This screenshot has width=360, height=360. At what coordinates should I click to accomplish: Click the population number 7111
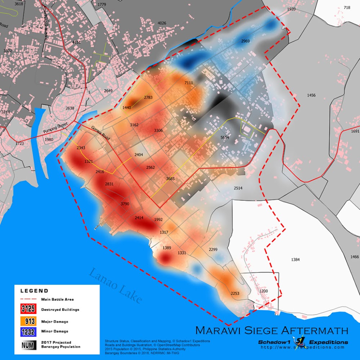(x=189, y=83)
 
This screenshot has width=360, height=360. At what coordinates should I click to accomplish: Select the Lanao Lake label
(x=116, y=285)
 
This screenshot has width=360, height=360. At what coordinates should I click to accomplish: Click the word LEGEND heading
(x=34, y=291)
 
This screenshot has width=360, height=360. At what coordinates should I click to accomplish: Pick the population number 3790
(x=125, y=204)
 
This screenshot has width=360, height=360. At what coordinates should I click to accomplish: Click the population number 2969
(x=246, y=41)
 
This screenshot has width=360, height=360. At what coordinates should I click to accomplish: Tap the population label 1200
(x=264, y=291)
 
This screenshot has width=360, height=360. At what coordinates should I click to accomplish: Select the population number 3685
(x=170, y=179)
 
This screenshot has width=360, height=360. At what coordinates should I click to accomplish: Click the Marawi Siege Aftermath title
(x=271, y=330)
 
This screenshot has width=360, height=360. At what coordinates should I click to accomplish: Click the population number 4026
(x=162, y=23)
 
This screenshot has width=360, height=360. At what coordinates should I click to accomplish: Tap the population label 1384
(x=296, y=260)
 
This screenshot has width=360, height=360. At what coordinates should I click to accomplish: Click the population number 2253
(x=235, y=294)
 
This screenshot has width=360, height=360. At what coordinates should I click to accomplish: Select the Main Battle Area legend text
(x=58, y=299)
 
